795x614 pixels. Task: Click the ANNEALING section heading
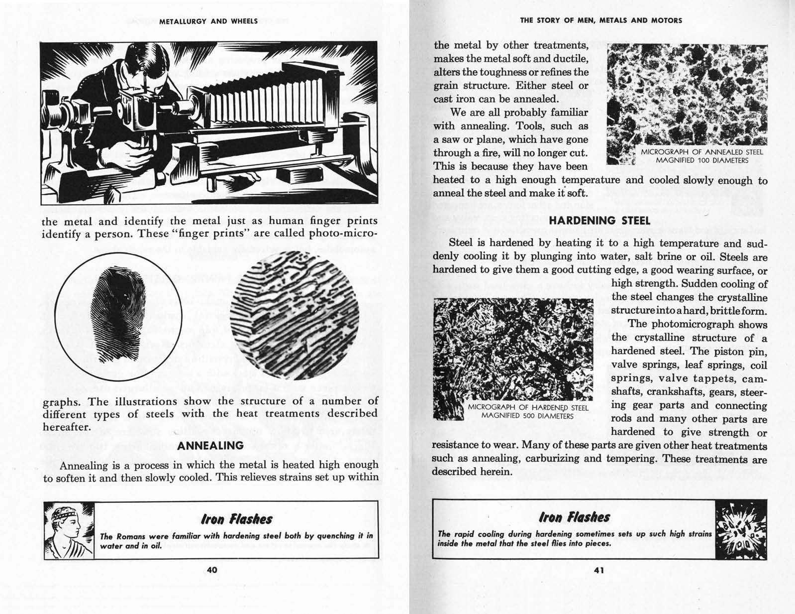(210, 445)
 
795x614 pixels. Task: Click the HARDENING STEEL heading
(599, 220)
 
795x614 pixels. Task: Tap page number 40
(211, 570)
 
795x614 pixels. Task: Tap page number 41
(599, 571)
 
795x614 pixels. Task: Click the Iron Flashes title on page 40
(236, 519)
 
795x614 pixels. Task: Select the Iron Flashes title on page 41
(574, 517)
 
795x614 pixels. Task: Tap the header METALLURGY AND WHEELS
(208, 21)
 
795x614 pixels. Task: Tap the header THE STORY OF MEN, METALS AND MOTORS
(600, 20)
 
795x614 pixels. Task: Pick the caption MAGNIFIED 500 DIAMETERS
(527, 415)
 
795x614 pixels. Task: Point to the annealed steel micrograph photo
(687, 95)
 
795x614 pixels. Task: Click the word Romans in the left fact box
(131, 536)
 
